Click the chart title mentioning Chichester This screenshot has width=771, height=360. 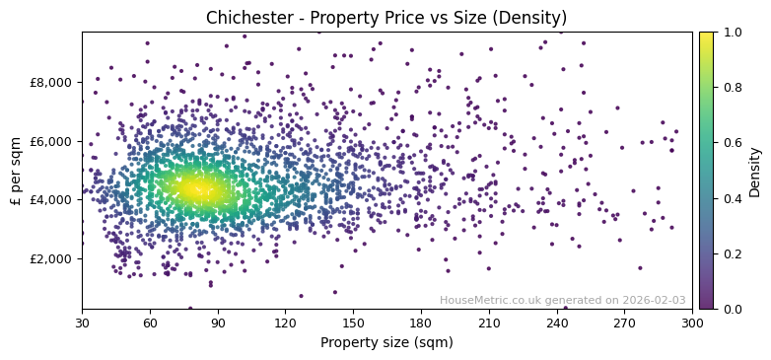click(385, 18)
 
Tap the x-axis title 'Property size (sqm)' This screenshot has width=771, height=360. click(386, 343)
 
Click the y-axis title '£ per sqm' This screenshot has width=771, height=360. click(16, 171)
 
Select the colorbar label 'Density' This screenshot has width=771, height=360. click(754, 171)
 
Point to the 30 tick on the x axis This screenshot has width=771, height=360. click(82, 323)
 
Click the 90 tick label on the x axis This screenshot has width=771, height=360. click(218, 323)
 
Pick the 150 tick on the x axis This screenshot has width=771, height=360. click(353, 323)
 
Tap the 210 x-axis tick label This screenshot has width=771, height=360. click(489, 323)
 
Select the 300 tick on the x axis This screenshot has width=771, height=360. click(692, 323)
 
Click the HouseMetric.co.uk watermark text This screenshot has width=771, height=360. click(514, 300)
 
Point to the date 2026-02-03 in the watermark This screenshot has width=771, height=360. click(654, 300)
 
